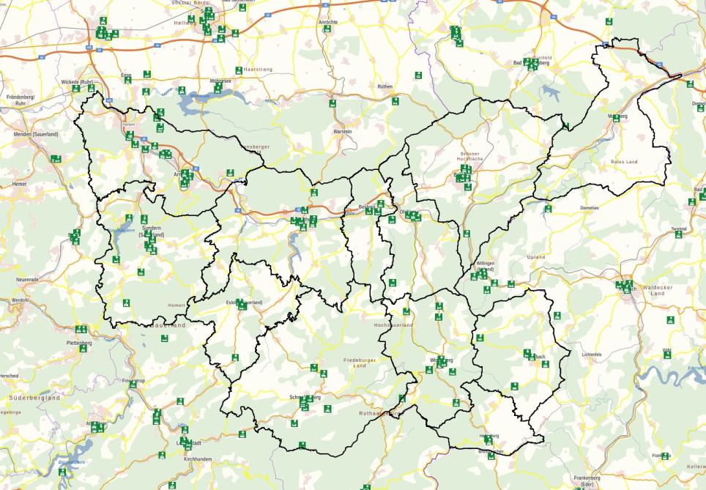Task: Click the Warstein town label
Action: (x=343, y=132)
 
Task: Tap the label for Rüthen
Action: (x=385, y=86)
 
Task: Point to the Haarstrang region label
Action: (x=261, y=69)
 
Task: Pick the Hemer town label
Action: (x=19, y=184)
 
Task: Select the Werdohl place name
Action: (x=20, y=300)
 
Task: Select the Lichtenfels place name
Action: (x=591, y=354)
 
